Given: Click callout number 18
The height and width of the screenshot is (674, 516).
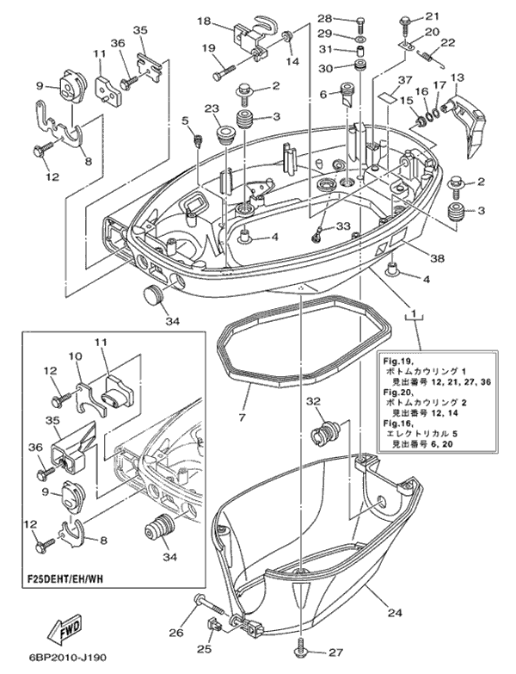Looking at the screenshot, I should tap(205, 21).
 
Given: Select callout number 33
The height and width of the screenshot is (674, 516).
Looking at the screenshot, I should tap(344, 227).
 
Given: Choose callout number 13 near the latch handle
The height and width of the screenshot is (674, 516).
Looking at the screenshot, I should tap(456, 78).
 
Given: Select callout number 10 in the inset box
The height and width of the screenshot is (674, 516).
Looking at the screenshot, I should tap(75, 356).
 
